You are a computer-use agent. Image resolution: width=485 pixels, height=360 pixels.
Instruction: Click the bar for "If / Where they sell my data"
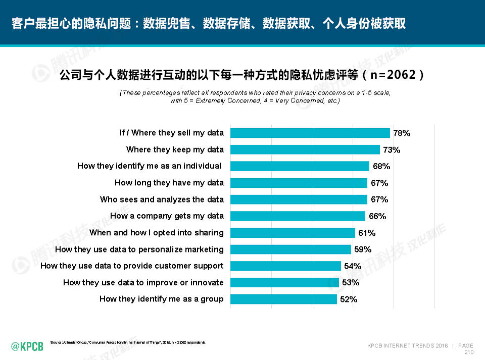pos(310,133)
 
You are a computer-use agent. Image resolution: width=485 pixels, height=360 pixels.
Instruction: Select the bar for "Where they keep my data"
pos(305,149)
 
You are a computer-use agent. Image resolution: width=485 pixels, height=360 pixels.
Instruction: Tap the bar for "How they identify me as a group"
pos(283,299)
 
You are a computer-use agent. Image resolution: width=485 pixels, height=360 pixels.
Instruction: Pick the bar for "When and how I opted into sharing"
pos(293,233)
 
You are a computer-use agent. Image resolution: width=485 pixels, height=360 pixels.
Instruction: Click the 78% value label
pos(402,133)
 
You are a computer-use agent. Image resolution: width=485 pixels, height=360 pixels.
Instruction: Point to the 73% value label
pos(392,150)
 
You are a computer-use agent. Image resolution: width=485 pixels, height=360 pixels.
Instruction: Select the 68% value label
pos(381,166)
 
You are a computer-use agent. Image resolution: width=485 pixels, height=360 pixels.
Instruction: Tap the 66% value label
pos(377,216)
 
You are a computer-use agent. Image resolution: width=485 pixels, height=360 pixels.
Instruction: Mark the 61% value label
pos(367,233)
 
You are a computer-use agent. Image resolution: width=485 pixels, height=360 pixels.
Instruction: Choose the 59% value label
pos(363,249)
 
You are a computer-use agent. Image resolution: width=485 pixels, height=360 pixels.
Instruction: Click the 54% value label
pos(353,266)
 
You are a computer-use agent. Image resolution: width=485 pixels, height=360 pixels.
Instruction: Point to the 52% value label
pos(349,299)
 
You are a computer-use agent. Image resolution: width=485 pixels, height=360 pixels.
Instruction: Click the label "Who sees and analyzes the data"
pos(162,199)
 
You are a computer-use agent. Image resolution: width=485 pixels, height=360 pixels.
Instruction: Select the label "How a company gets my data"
pos(167,216)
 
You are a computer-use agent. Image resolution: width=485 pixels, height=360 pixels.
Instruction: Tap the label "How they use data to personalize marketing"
pos(139,249)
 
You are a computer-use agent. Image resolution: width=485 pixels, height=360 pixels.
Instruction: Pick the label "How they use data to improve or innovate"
pos(143,282)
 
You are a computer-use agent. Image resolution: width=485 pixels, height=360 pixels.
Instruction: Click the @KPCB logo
pos(27,346)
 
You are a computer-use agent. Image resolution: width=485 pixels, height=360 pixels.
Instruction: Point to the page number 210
pos(468,352)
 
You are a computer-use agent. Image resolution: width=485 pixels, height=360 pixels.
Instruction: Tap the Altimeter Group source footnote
pos(128,342)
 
